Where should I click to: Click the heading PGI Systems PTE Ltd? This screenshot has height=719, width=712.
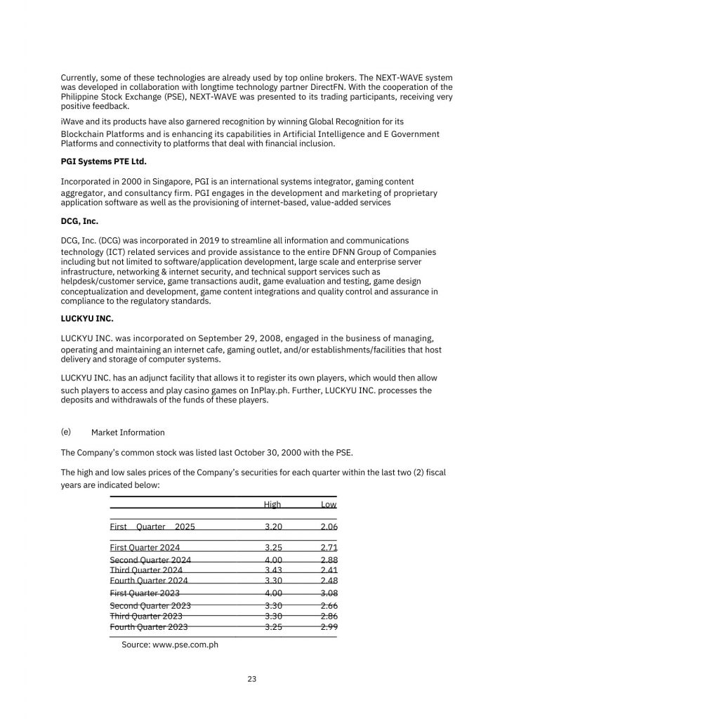[x=104, y=161]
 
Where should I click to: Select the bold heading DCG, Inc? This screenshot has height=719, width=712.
[x=79, y=221]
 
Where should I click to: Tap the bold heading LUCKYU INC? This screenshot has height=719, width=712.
[x=87, y=318]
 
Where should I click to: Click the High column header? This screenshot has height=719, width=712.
[x=272, y=504]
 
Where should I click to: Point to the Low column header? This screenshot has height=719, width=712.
[x=329, y=504]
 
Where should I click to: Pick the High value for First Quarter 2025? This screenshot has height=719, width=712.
[x=274, y=527]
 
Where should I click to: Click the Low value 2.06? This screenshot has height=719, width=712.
[x=329, y=527]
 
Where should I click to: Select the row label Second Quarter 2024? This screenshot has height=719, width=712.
[x=150, y=560]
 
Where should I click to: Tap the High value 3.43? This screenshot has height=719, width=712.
[x=274, y=570]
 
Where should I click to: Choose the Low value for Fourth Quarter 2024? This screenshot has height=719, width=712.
[x=329, y=581]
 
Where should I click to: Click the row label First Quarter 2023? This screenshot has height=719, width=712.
[x=145, y=593]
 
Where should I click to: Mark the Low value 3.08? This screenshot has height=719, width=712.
[x=329, y=593]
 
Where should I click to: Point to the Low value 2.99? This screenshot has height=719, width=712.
[x=329, y=627]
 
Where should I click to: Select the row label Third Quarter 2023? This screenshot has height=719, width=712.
[x=146, y=616]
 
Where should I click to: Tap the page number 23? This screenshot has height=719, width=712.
[x=252, y=679]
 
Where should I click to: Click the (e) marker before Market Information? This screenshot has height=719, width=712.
[x=66, y=432]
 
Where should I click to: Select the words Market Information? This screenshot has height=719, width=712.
[x=128, y=433]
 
